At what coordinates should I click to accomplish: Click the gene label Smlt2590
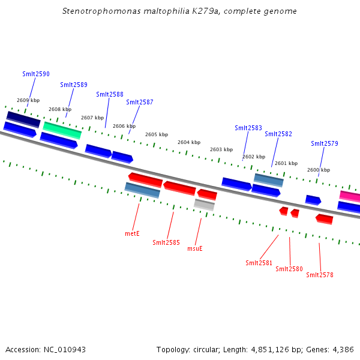click(36, 74)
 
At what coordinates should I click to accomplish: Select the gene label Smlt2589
click(74, 85)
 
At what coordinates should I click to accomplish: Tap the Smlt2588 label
click(110, 94)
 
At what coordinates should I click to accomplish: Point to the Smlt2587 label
click(140, 102)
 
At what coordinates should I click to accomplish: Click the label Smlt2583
click(248, 128)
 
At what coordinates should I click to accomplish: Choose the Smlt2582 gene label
click(278, 134)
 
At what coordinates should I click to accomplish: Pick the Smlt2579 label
click(325, 143)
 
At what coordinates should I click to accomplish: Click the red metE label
click(132, 233)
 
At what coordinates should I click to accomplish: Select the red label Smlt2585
click(166, 242)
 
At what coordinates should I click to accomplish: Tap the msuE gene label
click(195, 248)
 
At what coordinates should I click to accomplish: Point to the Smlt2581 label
click(259, 263)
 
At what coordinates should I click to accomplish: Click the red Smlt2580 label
click(289, 269)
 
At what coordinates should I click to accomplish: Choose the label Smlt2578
click(320, 275)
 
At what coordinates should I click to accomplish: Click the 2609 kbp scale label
click(28, 100)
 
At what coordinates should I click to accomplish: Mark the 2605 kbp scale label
click(157, 134)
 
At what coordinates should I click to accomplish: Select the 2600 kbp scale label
click(319, 170)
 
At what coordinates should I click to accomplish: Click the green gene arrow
click(62, 129)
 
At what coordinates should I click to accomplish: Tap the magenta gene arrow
click(350, 196)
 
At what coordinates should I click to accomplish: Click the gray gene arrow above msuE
click(205, 205)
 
